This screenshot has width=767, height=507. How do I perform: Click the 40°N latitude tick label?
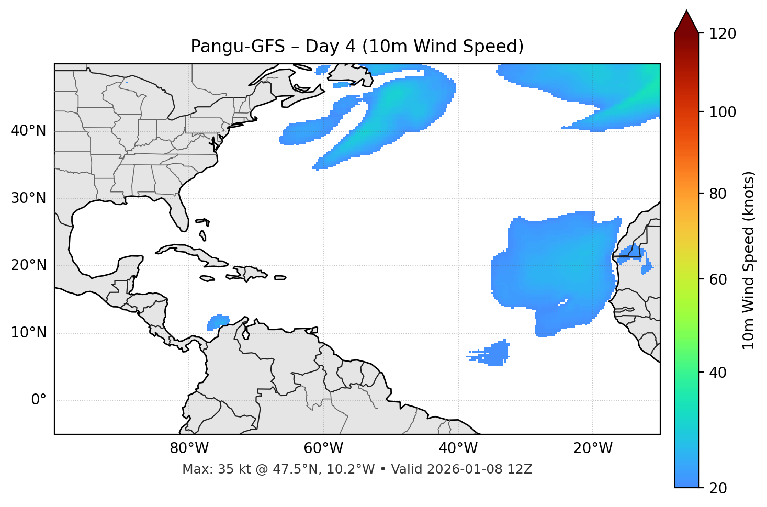pos(28,131)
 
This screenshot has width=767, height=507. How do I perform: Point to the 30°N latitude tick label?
pos(28,198)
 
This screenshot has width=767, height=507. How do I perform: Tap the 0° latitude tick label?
pos(39,400)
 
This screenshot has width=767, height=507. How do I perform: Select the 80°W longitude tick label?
pos(189,448)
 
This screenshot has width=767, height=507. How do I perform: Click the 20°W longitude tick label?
pos(593,448)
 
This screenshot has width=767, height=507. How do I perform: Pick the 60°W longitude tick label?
pos(323,448)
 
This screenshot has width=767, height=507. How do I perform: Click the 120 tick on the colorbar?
pos(724,34)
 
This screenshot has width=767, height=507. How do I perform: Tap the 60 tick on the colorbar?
pos(720,280)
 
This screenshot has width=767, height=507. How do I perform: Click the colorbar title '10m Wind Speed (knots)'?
pos(749,260)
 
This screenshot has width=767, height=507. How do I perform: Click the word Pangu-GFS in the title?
pos(238,47)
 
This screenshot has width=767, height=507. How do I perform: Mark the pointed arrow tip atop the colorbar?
pos(686,12)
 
